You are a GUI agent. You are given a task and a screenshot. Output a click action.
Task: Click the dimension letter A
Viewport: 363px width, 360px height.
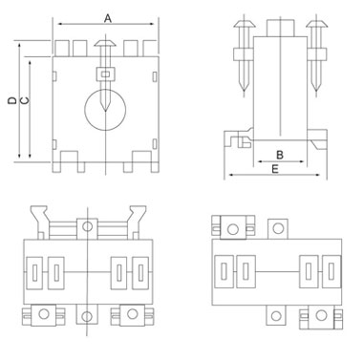108,19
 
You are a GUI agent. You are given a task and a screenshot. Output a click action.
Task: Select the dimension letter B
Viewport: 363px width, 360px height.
280,155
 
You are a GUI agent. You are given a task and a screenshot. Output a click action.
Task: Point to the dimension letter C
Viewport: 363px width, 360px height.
25,100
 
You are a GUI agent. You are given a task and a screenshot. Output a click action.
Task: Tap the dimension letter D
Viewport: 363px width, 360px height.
12,100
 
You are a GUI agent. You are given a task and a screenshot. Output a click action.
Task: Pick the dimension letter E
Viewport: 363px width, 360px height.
275,169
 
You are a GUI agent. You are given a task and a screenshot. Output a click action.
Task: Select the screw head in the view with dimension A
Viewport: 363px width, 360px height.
105,43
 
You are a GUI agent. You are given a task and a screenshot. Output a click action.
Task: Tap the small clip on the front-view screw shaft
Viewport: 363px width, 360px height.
105,74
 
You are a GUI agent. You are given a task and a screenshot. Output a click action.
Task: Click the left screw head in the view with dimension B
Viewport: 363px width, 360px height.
245,23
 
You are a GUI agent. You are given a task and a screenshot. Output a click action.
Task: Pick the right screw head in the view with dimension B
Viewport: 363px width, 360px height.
316,23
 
